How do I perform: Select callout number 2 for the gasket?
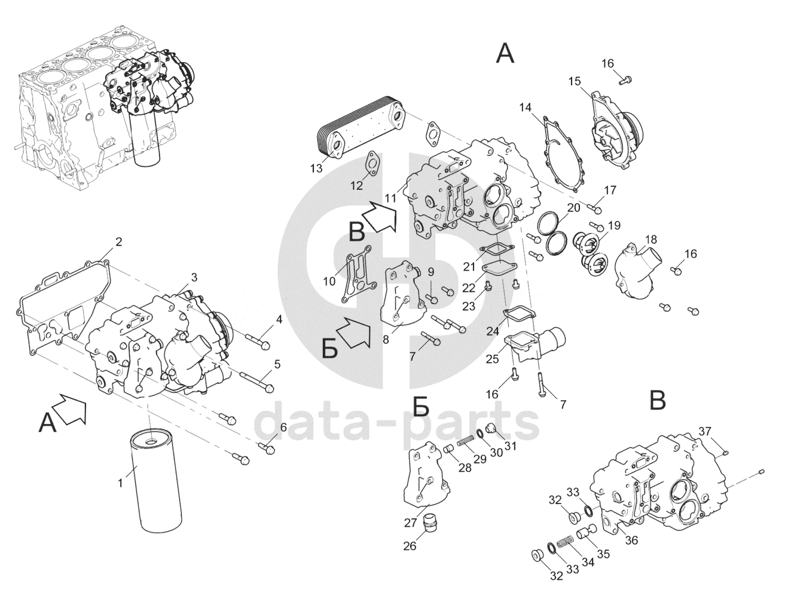click(118, 242)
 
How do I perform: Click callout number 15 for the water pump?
click(575, 81)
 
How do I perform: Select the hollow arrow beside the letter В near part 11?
click(379, 217)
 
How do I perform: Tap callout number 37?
click(706, 432)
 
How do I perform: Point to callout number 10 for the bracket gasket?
click(329, 281)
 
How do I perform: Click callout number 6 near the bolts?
click(283, 427)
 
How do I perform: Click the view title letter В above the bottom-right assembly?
click(658, 401)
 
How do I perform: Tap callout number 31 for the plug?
click(510, 445)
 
